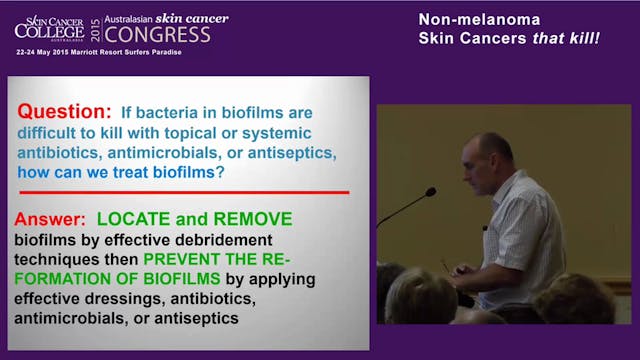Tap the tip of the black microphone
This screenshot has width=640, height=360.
tap(430, 191)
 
